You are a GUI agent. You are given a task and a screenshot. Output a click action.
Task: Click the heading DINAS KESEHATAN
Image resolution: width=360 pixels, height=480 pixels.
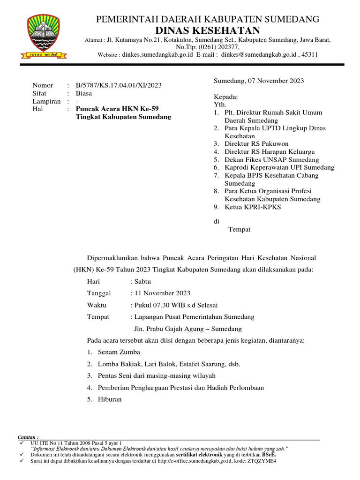coord(208,31)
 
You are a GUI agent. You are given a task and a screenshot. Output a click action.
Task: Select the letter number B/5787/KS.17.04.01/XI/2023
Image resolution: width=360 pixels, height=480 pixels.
coord(119,85)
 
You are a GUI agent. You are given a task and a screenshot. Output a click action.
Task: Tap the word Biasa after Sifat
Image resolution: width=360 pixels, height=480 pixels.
coord(84,93)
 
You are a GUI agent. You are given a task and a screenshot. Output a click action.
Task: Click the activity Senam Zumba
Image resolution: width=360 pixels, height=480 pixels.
coord(119,352)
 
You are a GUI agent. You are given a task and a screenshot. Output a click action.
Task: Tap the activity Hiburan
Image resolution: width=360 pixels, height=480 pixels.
coord(110,399)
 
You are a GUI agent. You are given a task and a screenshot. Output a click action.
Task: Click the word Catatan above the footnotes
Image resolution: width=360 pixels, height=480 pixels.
coord(28,437)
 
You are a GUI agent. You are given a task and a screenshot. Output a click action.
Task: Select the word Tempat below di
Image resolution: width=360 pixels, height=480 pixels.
coord(239,229)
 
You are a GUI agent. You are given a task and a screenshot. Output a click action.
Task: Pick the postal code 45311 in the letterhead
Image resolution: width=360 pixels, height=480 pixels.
coord(310,54)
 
